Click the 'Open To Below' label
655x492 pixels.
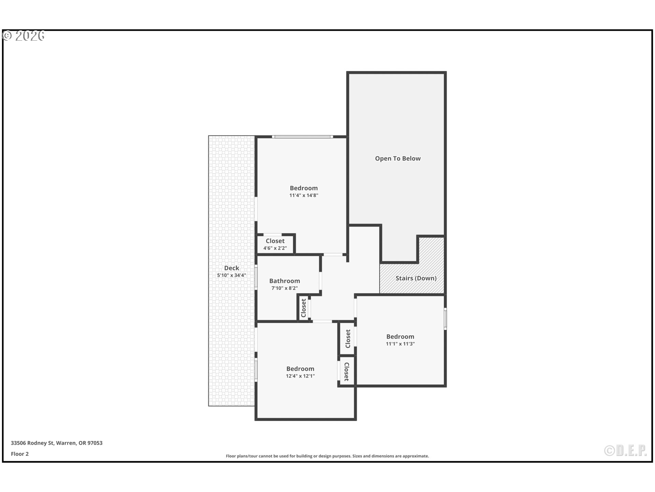tap(398, 159)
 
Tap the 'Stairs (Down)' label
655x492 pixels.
tap(416, 278)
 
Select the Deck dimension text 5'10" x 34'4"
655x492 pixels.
tap(232, 275)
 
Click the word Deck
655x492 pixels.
tap(232, 268)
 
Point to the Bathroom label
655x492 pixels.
tap(285, 281)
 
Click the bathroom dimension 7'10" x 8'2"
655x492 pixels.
tap(285, 288)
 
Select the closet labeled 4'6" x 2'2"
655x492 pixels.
tap(275, 244)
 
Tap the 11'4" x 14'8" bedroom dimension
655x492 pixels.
tap(304, 195)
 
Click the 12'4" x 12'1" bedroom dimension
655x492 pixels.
tap(300, 376)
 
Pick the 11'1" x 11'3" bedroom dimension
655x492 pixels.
tap(400, 344)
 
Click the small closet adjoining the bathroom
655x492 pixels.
tap(304, 308)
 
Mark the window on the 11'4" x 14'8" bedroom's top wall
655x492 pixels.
tap(303, 137)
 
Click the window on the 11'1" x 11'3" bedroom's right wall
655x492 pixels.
tap(445, 319)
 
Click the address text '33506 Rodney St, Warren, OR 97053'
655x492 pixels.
tap(57, 443)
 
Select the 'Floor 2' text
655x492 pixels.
tap(20, 454)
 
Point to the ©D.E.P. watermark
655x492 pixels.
tap(625, 451)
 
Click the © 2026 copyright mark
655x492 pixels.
tap(24, 36)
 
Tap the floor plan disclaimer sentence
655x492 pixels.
tap(327, 456)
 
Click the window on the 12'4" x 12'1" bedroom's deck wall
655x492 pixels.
tap(256, 369)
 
